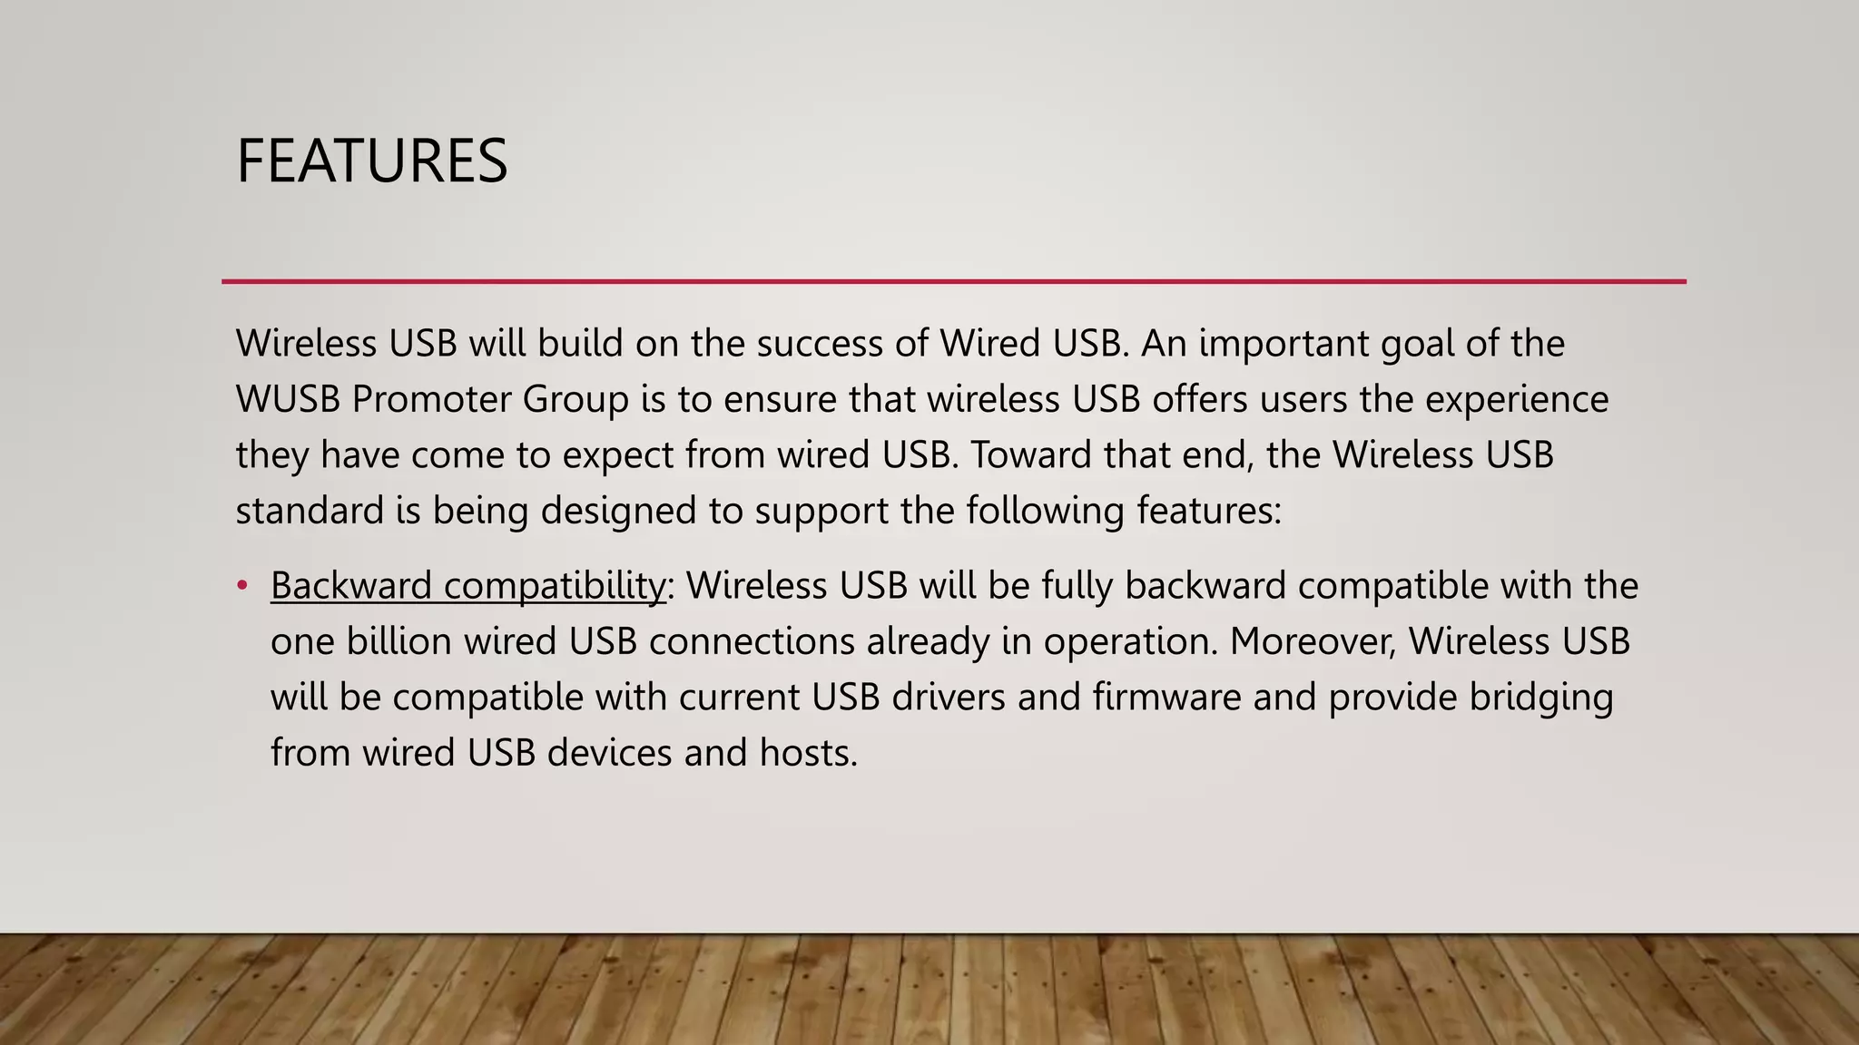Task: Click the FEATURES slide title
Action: pyautogui.click(x=371, y=161)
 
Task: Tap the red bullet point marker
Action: pyautogui.click(x=241, y=586)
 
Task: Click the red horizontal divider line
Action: pyautogui.click(x=953, y=282)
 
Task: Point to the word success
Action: pyautogui.click(x=806, y=344)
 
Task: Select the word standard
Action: pyautogui.click(x=310, y=512)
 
